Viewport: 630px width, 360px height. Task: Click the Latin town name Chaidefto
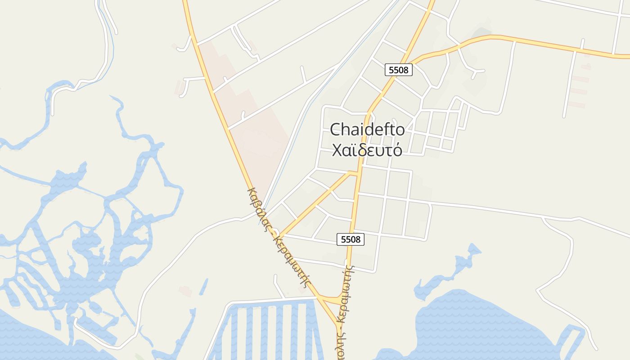point(367,130)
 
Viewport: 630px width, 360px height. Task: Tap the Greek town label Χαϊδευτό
point(367,150)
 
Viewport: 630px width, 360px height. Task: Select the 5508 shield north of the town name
point(399,70)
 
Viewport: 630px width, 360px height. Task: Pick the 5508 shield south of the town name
point(351,239)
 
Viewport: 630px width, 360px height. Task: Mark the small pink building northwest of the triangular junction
point(185,291)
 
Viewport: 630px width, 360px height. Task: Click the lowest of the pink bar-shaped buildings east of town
point(576,105)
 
